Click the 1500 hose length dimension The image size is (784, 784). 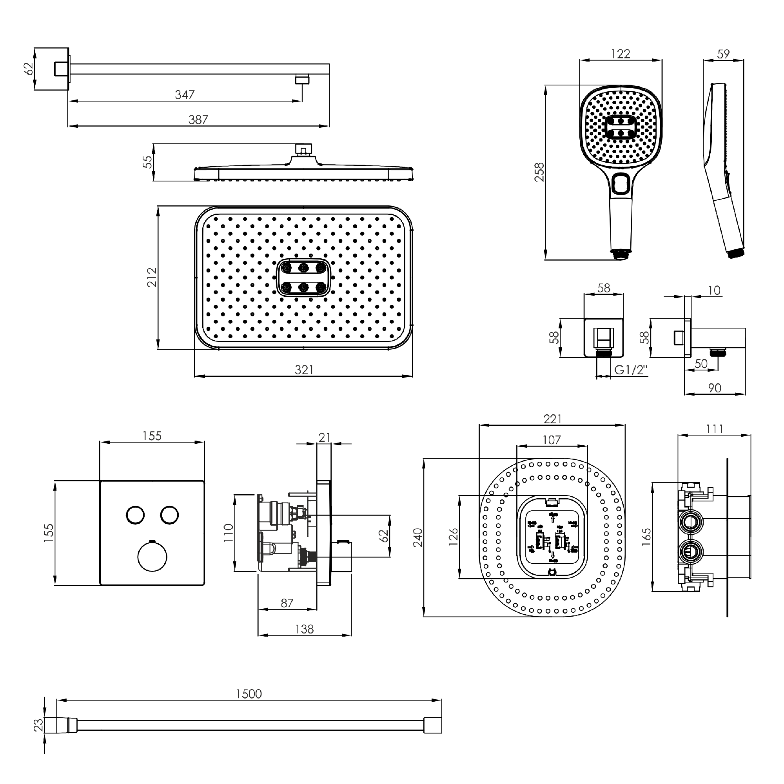pos(249,693)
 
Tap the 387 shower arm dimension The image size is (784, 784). pos(198,120)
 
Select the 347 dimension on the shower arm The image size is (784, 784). pos(185,94)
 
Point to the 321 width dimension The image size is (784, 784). pos(304,370)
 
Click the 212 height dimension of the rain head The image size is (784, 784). pos(152,277)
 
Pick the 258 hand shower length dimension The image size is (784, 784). pos(539,172)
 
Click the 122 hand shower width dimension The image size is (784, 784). pos(621,54)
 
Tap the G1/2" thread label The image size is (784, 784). pos(631,370)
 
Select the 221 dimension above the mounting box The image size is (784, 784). pos(552,419)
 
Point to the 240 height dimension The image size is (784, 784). pos(418,537)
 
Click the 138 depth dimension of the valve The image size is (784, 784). pos(304,629)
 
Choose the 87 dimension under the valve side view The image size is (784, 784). pos(287,603)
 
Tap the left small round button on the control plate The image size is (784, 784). pos(135,515)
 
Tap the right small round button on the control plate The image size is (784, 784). pos(169,515)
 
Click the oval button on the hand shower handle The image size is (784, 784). pos(621,183)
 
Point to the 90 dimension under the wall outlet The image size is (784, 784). pos(715,388)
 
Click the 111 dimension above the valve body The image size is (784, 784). pos(714,429)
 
